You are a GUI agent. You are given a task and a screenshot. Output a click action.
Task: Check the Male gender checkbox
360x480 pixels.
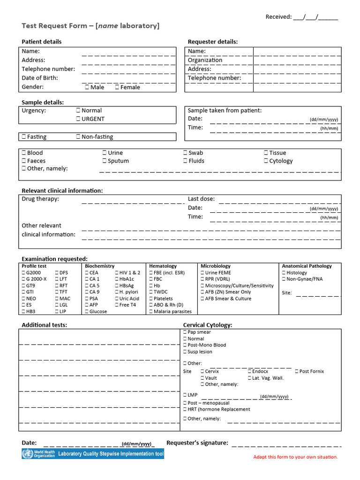coord(88,87)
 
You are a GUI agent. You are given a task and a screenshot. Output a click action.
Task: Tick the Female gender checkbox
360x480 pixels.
coord(117,87)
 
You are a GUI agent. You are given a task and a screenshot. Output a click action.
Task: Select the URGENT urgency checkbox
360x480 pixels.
coord(78,119)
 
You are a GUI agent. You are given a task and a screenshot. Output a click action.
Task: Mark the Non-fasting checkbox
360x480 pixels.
coord(78,137)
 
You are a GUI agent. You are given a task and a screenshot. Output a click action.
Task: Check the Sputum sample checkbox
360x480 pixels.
coord(105,161)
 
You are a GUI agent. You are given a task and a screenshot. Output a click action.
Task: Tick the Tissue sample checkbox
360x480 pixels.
coord(266,153)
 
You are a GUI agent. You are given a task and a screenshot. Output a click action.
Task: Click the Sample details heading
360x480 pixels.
coord(43,102)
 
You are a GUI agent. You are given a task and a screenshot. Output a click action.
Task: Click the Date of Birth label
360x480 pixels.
coord(40,78)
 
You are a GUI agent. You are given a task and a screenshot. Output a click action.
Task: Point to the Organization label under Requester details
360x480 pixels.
coord(205,60)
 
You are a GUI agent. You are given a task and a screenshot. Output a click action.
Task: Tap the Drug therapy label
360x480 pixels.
coord(40,199)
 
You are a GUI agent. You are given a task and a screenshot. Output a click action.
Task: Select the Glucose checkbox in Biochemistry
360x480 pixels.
coord(87,312)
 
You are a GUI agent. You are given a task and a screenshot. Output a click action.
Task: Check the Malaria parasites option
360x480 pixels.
coord(151,312)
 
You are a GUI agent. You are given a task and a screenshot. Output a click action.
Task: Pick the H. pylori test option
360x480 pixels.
coord(117,292)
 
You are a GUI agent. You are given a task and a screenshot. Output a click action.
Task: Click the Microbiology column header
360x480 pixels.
coord(216,266)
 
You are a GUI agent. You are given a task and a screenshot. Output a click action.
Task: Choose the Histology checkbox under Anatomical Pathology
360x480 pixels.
coord(284,273)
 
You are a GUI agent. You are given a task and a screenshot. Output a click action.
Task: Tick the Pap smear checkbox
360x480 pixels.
coord(185,332)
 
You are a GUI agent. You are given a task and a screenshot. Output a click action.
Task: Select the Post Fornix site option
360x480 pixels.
coord(296,371)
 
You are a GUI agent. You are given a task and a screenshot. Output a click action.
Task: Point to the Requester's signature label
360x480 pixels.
coord(197,443)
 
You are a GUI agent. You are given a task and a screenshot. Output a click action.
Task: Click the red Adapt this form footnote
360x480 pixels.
coord(295,457)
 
